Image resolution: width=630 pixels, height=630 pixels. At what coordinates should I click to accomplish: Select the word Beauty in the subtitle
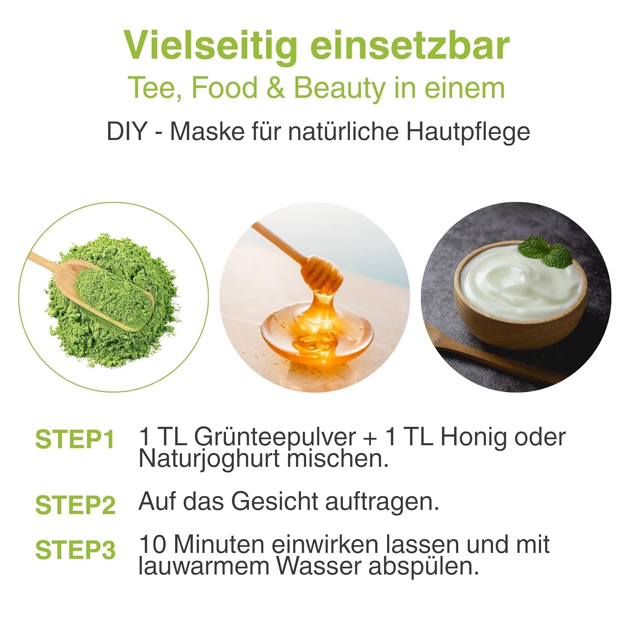click(339, 88)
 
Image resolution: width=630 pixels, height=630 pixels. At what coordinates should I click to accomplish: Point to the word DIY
click(126, 131)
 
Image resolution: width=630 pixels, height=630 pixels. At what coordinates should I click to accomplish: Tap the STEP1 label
click(75, 439)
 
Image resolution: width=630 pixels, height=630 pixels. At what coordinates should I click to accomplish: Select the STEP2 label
click(75, 505)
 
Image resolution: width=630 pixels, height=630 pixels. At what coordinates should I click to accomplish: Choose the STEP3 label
click(75, 550)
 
